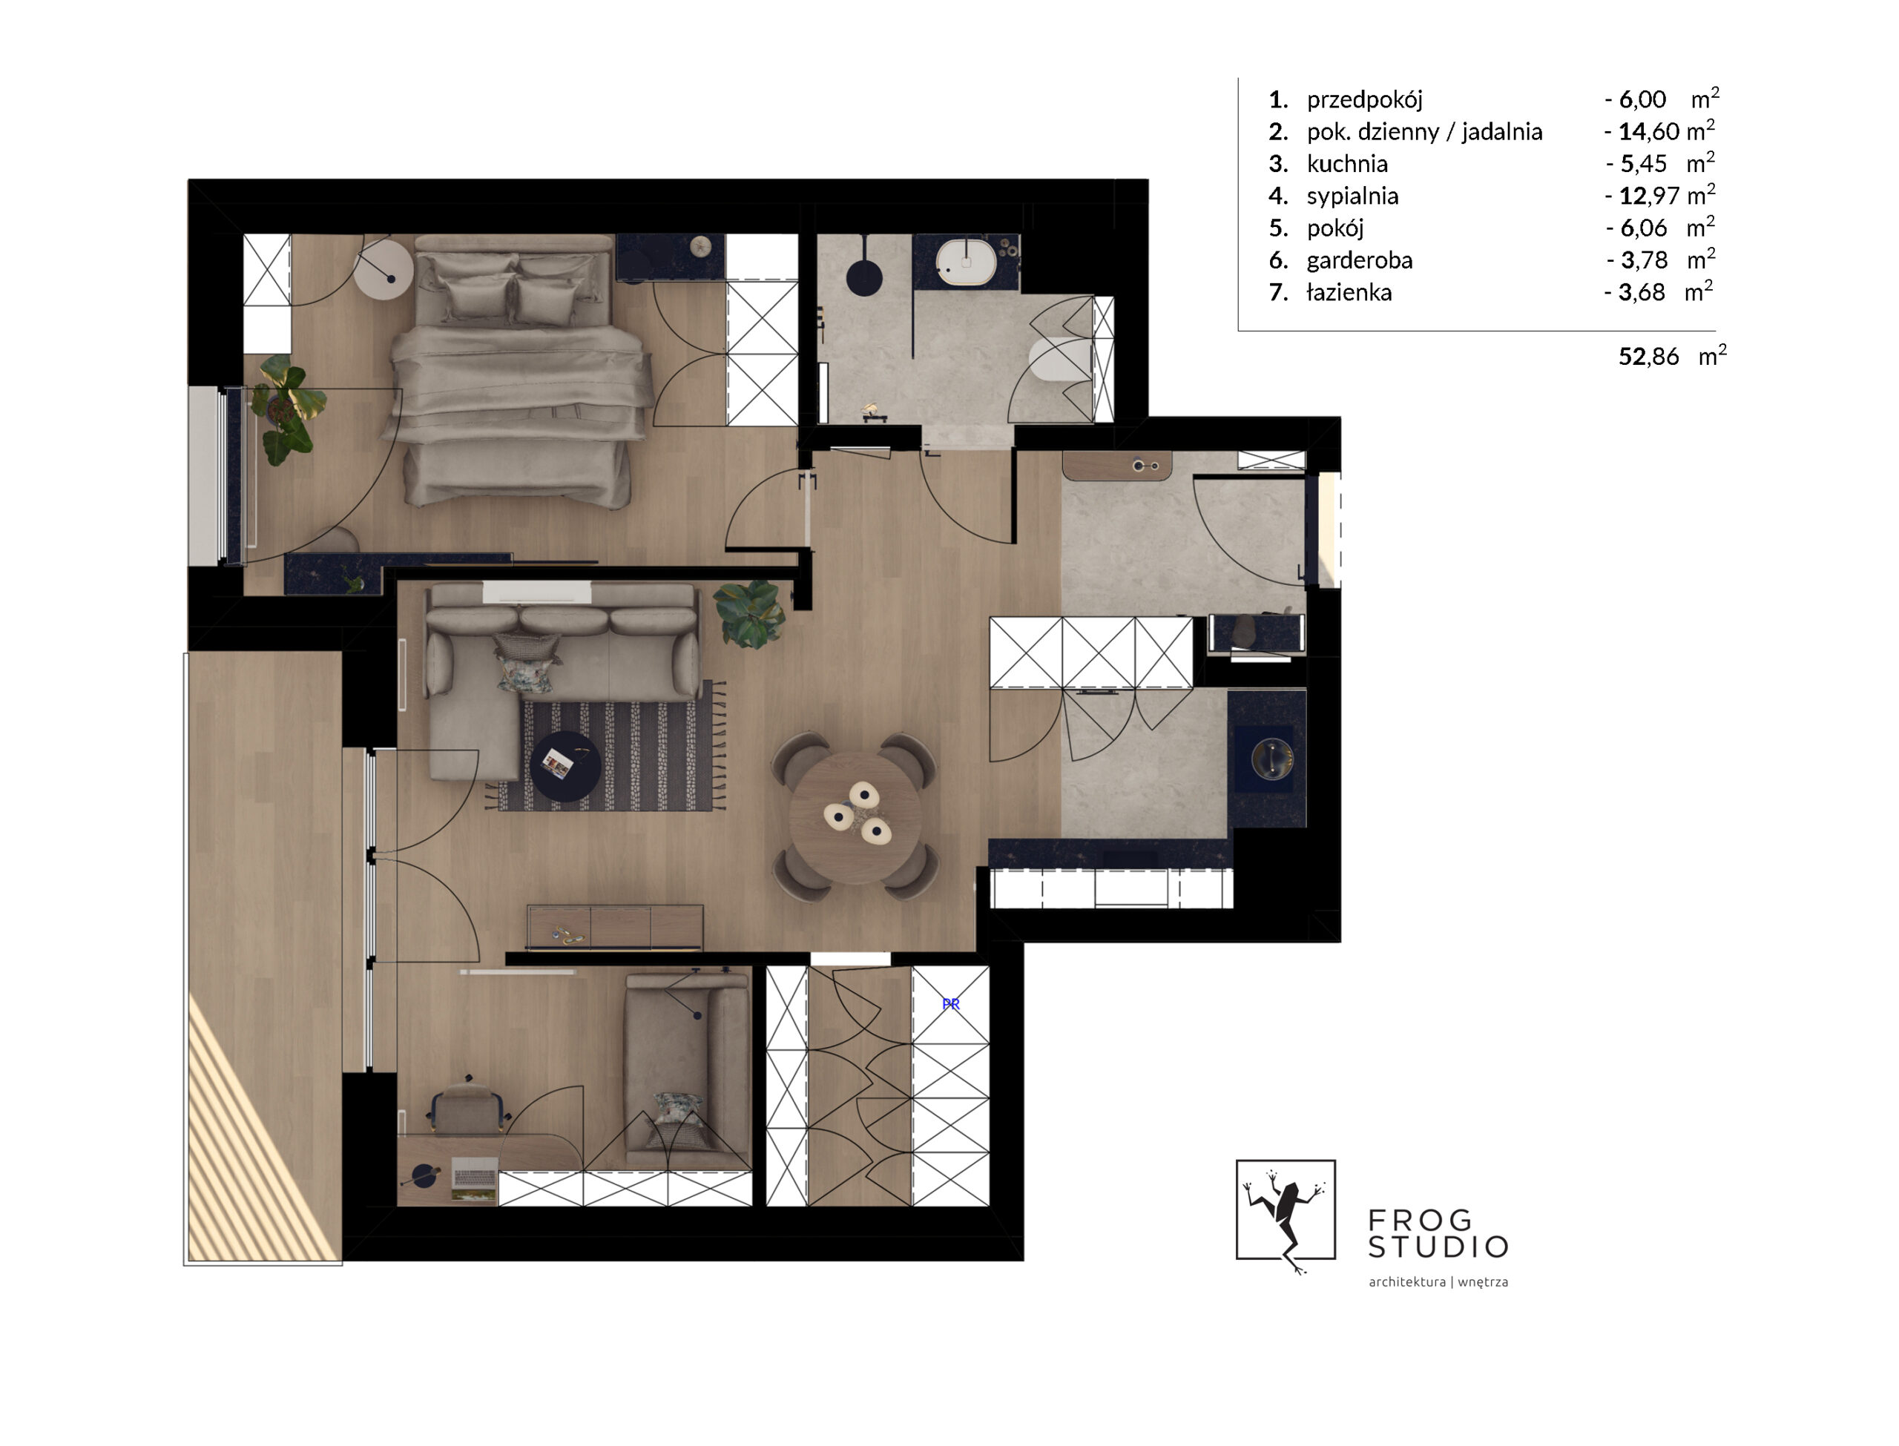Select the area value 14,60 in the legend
[x=1649, y=132]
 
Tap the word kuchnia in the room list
[x=1347, y=164]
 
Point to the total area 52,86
[x=1648, y=357]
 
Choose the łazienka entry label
[x=1349, y=293]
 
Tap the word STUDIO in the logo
[x=1438, y=1247]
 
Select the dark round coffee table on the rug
[x=565, y=766]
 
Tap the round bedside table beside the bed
[x=384, y=269]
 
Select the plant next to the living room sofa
[x=751, y=613]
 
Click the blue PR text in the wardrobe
[x=950, y=1003]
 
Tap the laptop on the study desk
[x=474, y=1178]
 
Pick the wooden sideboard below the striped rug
[x=616, y=927]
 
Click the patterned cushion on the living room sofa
[x=527, y=663]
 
